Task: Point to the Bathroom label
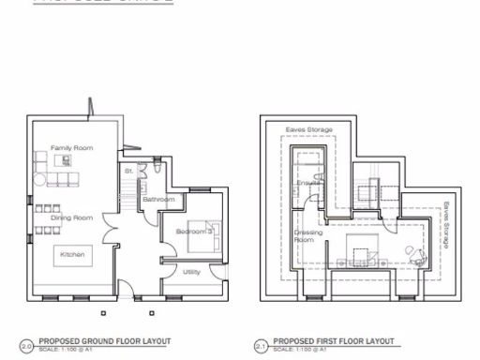158,200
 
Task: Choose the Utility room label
191,272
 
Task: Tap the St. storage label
128,172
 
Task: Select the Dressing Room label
308,235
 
